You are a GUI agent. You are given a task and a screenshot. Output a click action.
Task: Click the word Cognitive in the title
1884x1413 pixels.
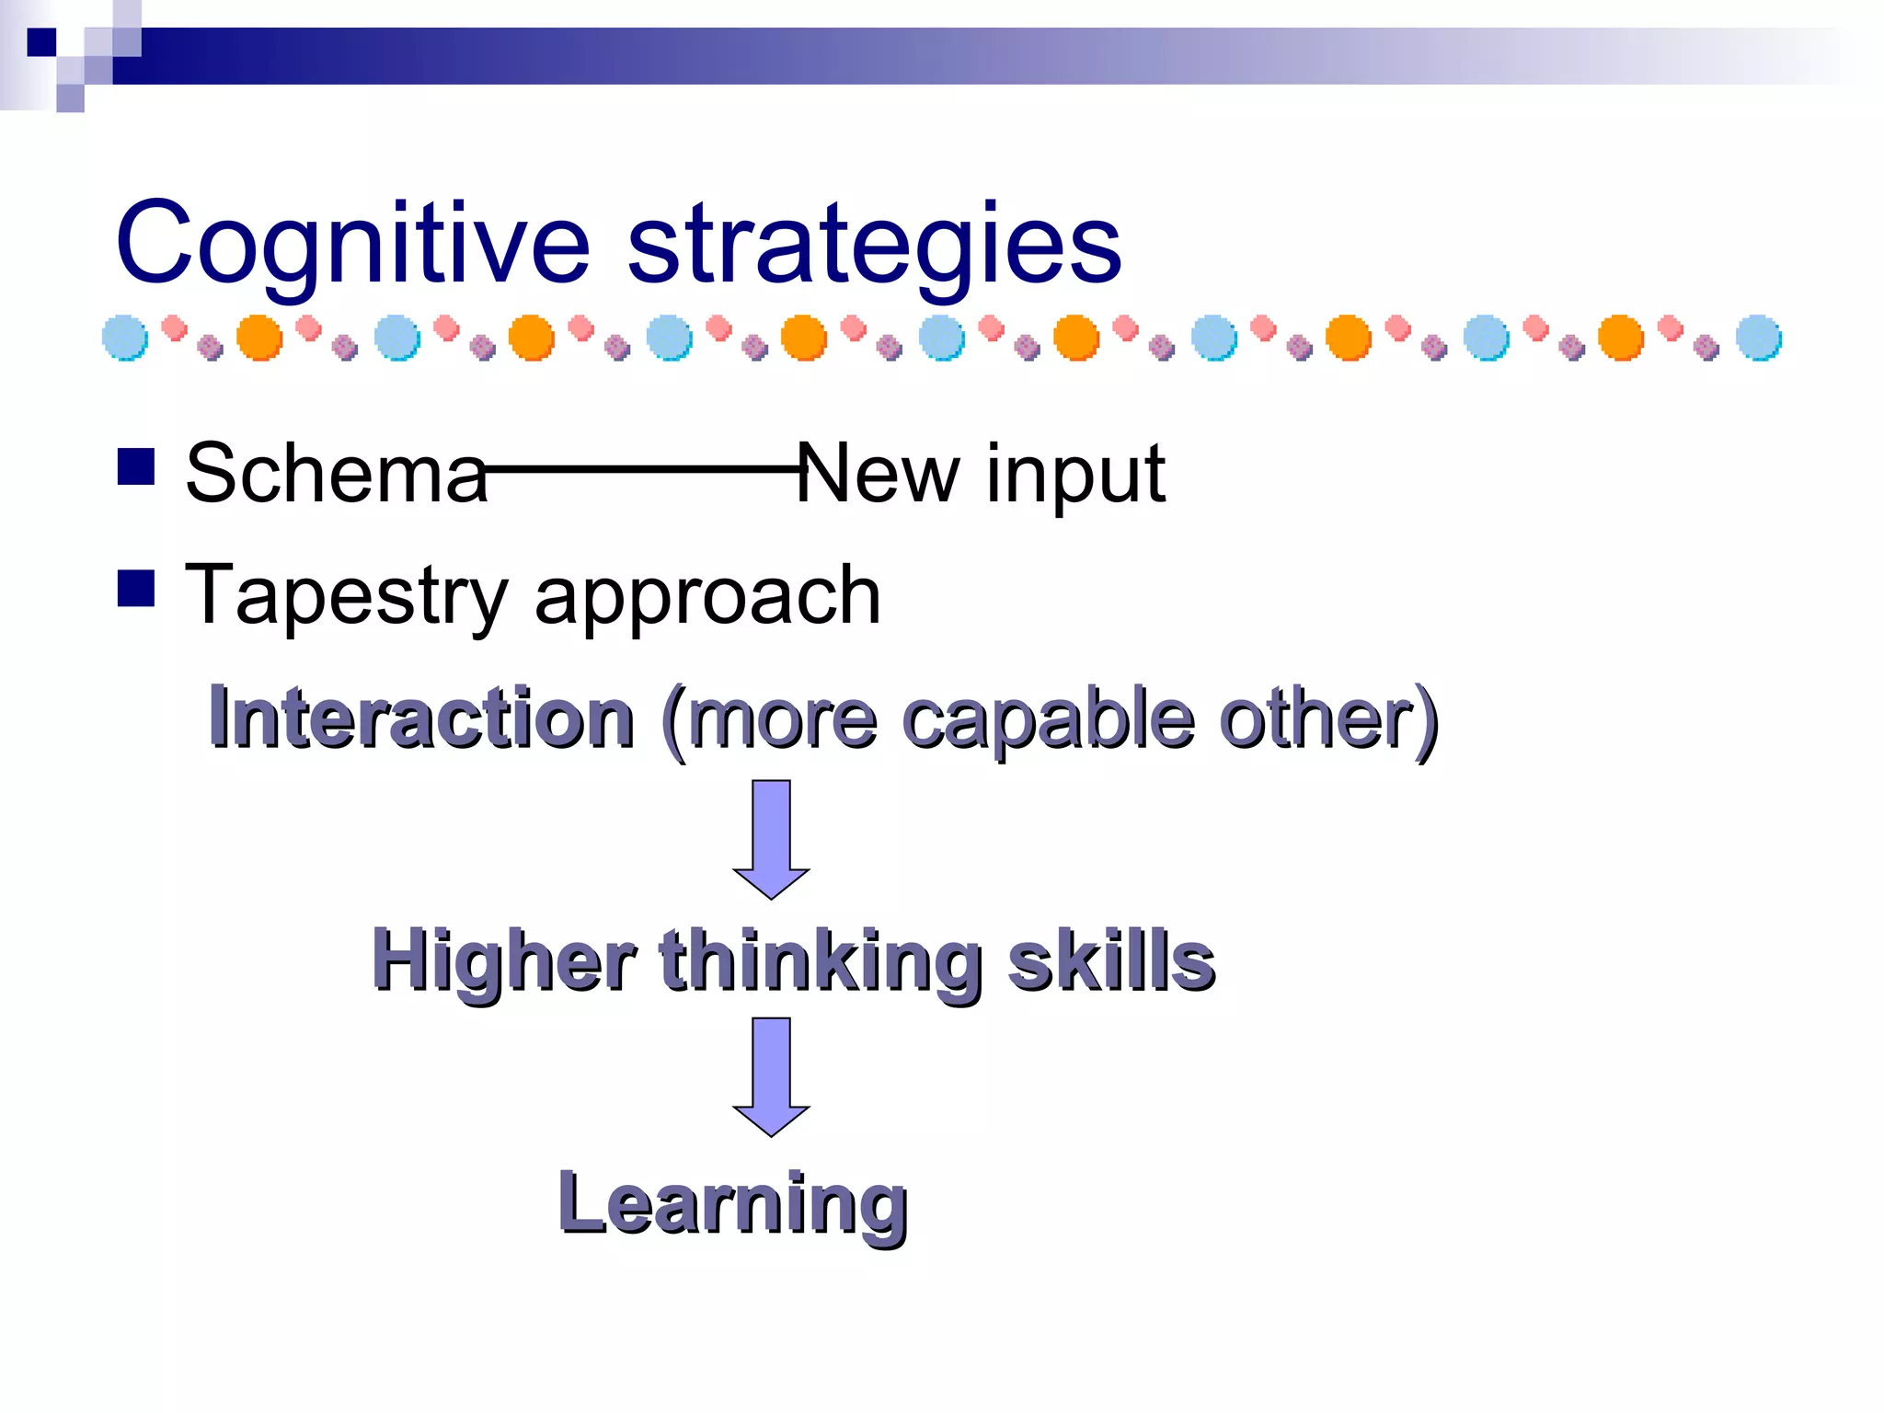(351, 245)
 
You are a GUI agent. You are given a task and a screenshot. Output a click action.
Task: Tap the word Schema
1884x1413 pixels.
(336, 473)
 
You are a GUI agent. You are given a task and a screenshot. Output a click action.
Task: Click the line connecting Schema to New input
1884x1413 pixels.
(644, 469)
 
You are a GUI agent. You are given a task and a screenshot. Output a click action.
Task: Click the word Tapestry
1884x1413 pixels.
(346, 596)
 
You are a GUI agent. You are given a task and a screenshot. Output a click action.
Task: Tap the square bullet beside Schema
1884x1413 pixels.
(136, 466)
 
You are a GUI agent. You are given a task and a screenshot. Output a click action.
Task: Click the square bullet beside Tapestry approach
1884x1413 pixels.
(136, 589)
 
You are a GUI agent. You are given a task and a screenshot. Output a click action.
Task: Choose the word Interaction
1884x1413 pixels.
(421, 718)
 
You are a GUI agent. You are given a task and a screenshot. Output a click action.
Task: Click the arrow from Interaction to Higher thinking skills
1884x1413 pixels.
(771, 837)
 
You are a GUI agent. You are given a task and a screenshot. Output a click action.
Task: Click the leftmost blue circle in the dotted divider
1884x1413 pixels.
(125, 338)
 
